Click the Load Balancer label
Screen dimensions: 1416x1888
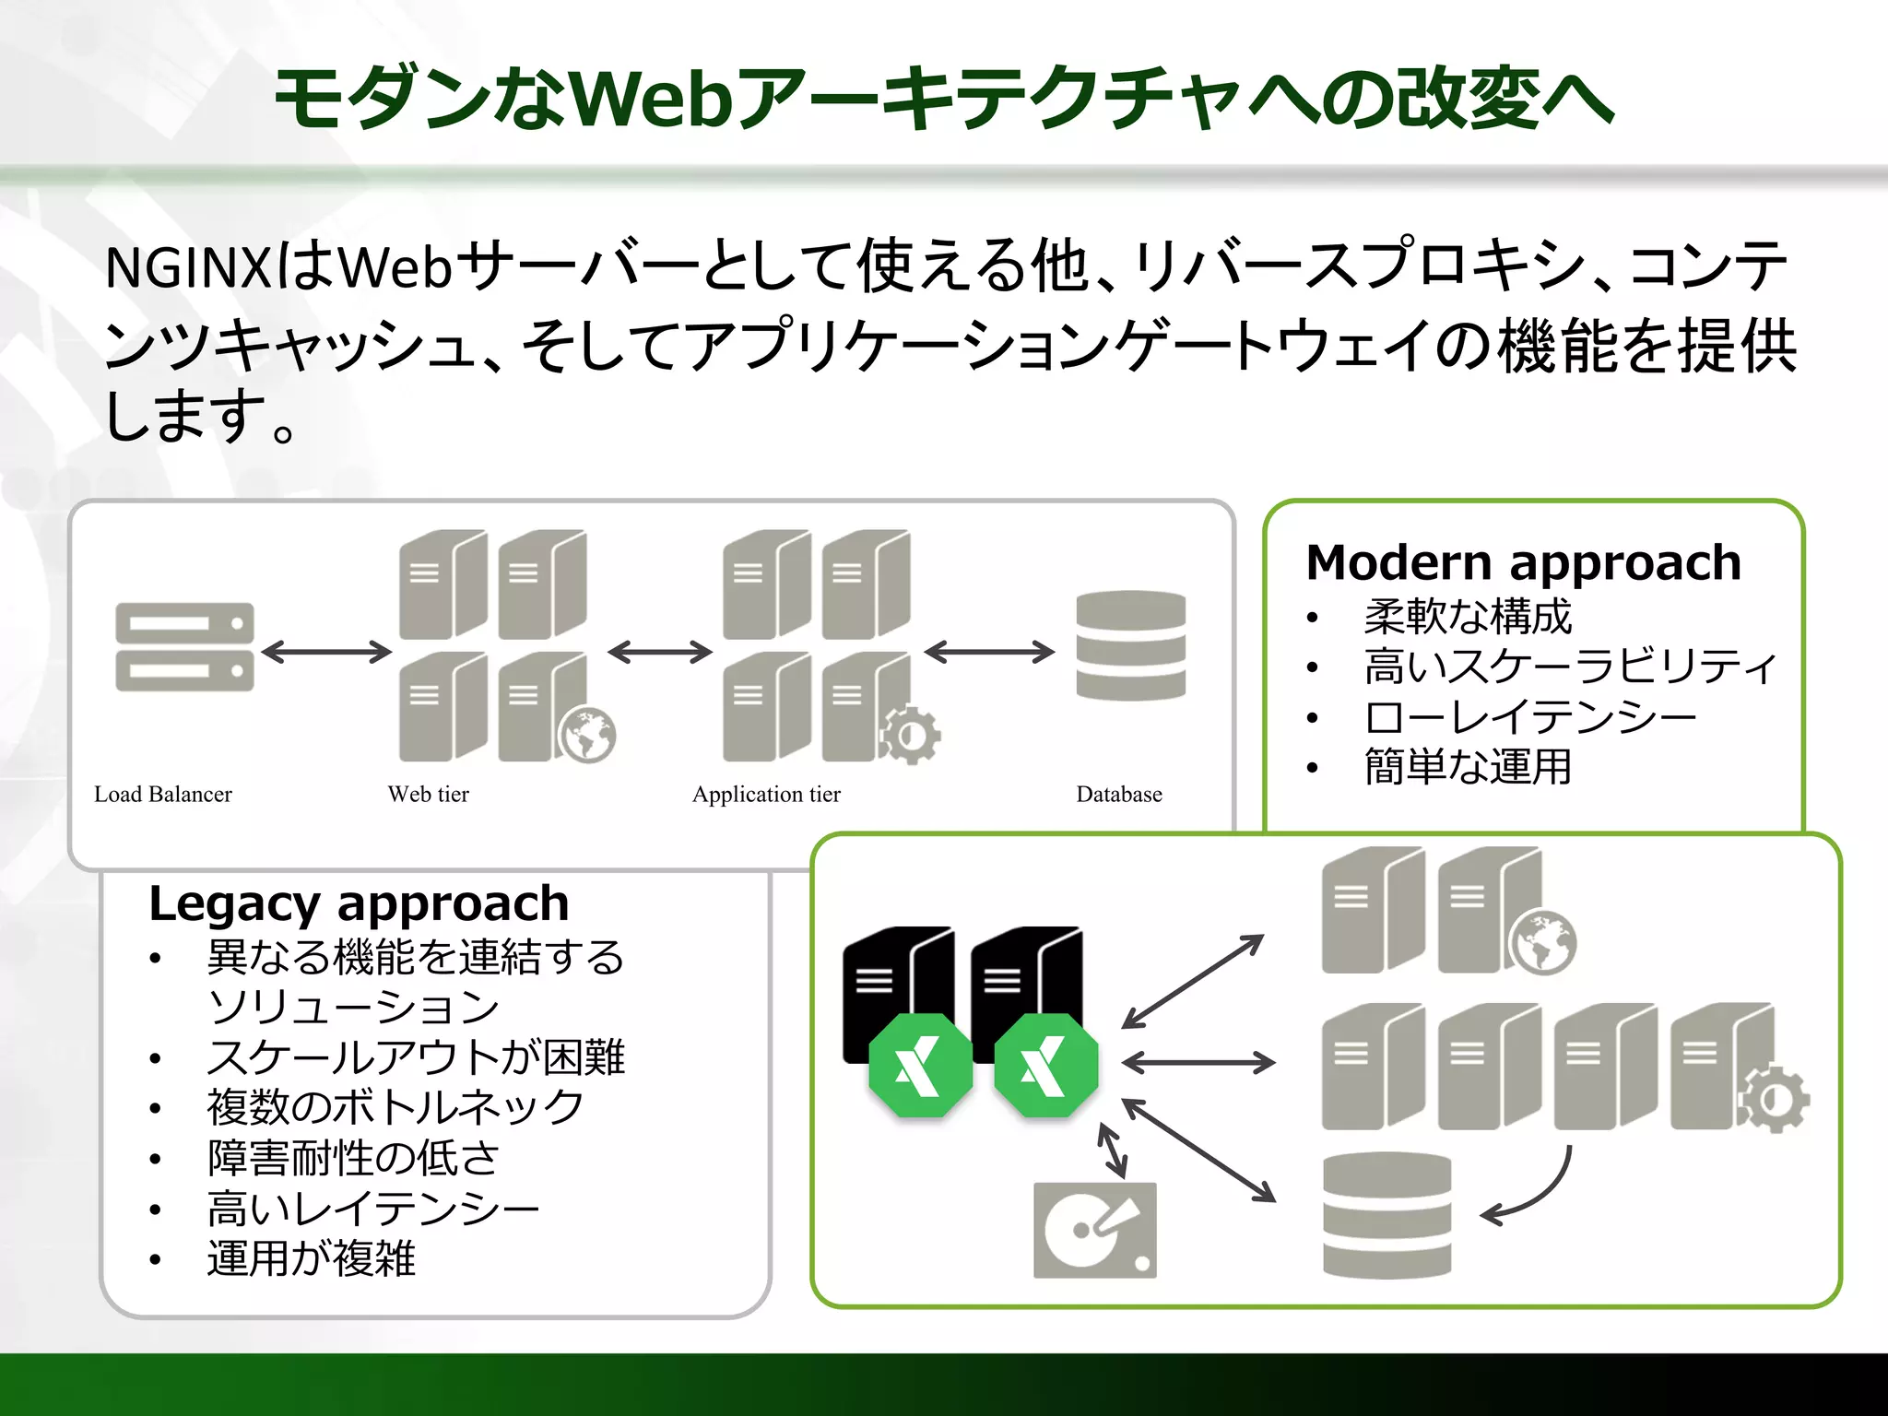tap(163, 794)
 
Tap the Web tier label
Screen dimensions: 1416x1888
tap(428, 794)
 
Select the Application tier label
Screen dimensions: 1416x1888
tap(766, 794)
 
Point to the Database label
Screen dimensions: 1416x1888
tap(1118, 794)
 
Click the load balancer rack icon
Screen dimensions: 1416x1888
tap(184, 646)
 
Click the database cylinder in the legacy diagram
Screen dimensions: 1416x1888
tap(1130, 645)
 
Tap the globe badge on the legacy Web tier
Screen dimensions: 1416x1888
tap(587, 735)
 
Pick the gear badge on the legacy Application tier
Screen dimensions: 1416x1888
tap(910, 735)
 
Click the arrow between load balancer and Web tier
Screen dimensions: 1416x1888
tap(326, 652)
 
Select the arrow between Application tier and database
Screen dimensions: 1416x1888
tap(989, 652)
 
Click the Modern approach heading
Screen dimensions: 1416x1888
tap(1523, 562)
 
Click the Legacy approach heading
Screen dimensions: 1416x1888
tap(359, 903)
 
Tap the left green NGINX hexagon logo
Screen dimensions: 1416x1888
tap(920, 1066)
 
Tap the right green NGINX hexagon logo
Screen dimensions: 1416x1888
tap(1046, 1066)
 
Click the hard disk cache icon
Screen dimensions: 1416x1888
tap(1094, 1230)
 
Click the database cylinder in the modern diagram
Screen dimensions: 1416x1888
tap(1386, 1214)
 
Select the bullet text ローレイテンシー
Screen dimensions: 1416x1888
tap(1529, 717)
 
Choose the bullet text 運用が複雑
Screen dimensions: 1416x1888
tap(311, 1258)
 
